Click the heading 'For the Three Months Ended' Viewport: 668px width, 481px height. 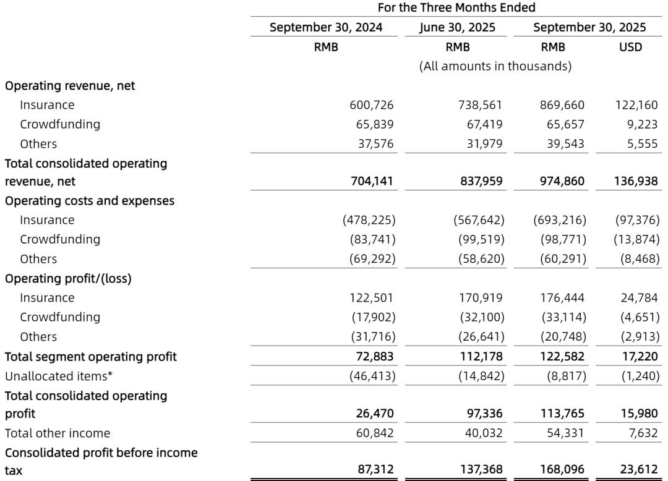point(452,9)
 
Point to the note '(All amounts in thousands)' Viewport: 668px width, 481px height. point(495,66)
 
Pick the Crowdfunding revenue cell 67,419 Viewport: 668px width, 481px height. point(482,124)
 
